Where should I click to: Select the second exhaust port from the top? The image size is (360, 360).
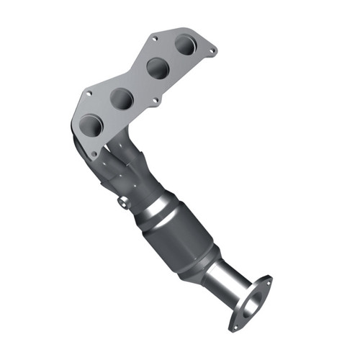click(158, 68)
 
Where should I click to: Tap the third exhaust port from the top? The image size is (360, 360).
click(122, 98)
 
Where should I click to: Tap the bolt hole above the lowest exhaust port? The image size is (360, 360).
click(88, 94)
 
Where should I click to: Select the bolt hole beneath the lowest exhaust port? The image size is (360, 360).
click(94, 154)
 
